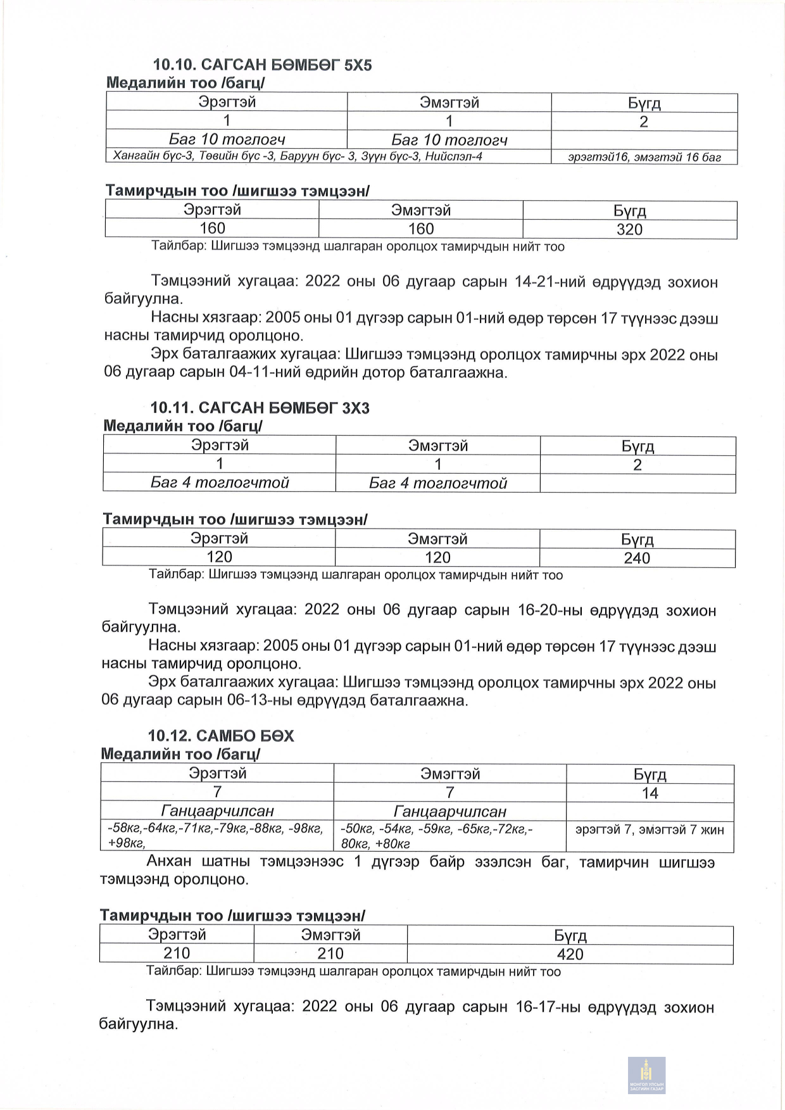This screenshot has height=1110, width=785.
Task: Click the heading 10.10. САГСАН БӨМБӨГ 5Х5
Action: click(x=262, y=65)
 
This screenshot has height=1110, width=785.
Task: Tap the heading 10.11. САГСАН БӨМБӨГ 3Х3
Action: click(x=260, y=408)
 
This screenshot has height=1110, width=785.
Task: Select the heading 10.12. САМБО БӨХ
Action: click(x=221, y=736)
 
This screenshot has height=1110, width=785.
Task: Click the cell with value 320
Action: click(x=629, y=229)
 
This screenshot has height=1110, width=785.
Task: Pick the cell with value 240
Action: click(x=637, y=558)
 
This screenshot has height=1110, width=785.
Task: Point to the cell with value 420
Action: click(x=570, y=954)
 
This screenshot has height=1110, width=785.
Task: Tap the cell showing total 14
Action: click(x=650, y=793)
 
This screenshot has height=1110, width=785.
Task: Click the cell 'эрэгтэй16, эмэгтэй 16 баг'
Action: click(x=644, y=158)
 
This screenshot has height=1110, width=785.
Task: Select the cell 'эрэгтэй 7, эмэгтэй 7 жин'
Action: click(x=650, y=830)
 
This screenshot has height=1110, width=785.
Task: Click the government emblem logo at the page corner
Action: click(x=646, y=1075)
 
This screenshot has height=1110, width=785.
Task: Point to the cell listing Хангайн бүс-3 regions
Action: click(x=298, y=156)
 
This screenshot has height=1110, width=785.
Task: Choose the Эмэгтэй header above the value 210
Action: click(x=330, y=935)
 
